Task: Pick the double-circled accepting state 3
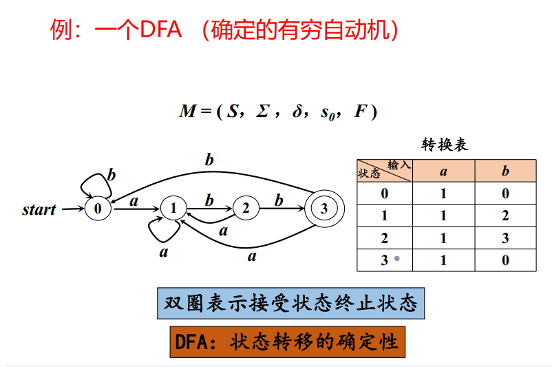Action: (x=324, y=208)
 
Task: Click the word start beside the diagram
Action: (x=39, y=209)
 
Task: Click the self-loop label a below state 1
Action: (x=164, y=252)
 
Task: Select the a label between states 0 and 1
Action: (x=134, y=201)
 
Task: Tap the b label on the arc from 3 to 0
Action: (x=209, y=160)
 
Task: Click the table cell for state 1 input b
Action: (x=505, y=216)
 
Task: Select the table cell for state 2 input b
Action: (x=505, y=238)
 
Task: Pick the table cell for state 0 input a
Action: (x=443, y=193)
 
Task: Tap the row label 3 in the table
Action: (x=384, y=260)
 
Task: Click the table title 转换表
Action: (x=445, y=145)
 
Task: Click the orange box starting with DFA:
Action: (x=287, y=341)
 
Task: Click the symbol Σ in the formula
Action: (x=262, y=112)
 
